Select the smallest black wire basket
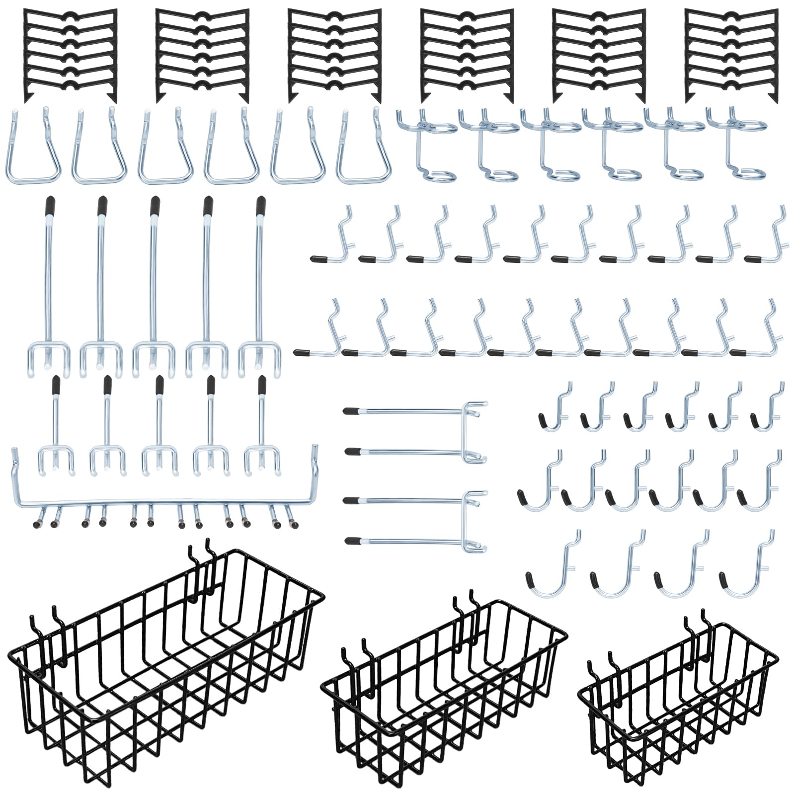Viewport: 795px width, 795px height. [x=681, y=706]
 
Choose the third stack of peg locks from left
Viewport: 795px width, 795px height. [x=335, y=55]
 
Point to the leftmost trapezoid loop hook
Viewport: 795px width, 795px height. [x=33, y=149]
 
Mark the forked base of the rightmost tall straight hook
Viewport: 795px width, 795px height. [x=258, y=355]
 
